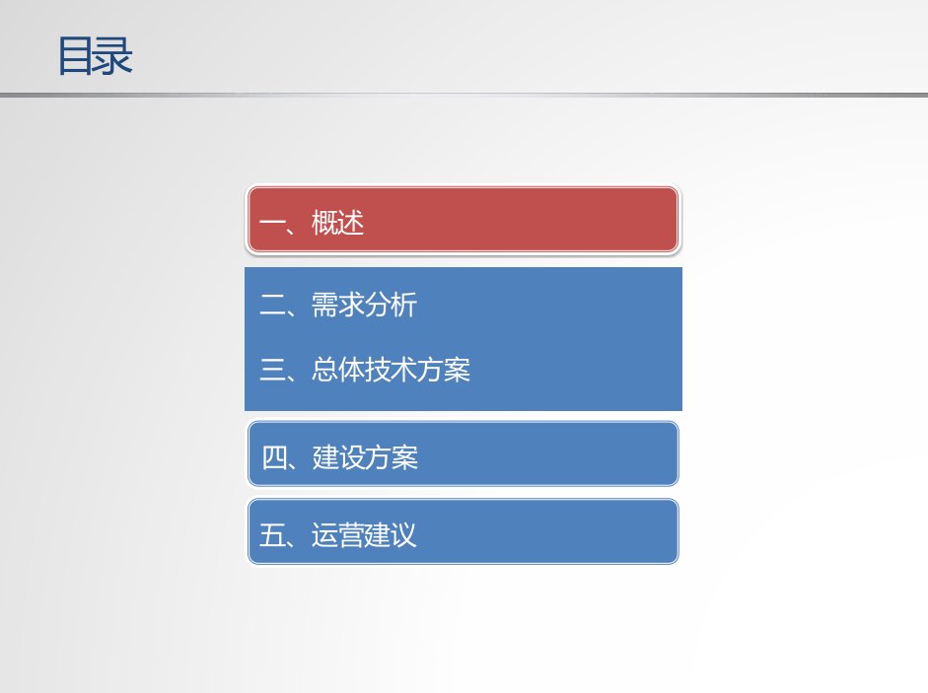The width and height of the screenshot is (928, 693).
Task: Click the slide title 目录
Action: pyautogui.click(x=95, y=55)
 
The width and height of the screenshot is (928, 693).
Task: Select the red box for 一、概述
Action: pyautogui.click(x=463, y=220)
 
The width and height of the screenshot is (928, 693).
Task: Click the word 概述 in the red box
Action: pyautogui.click(x=337, y=223)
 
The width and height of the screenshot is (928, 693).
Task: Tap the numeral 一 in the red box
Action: pyautogui.click(x=272, y=224)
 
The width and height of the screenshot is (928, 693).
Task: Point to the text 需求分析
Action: pyautogui.click(x=364, y=306)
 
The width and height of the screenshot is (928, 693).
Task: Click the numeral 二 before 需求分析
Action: pyautogui.click(x=272, y=306)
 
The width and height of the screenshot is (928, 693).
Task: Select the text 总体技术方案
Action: pyautogui.click(x=391, y=370)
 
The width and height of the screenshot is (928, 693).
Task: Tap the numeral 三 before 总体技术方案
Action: pyautogui.click(x=272, y=370)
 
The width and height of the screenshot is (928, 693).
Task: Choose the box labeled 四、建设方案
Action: pyautogui.click(x=463, y=453)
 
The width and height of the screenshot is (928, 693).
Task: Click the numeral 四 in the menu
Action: pyautogui.click(x=274, y=457)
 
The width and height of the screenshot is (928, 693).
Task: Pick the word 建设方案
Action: pyautogui.click(x=365, y=457)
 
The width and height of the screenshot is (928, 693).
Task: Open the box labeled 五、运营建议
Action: pyautogui.click(x=463, y=531)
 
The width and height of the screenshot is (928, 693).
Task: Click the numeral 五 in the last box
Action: pyautogui.click(x=272, y=535)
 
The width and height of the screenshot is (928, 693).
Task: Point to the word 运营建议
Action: pyautogui.click(x=364, y=535)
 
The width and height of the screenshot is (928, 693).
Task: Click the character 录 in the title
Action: pyautogui.click(x=113, y=55)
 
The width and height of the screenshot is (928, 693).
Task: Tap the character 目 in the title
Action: pyautogui.click(x=76, y=55)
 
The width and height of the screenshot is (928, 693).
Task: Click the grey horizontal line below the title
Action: pyautogui.click(x=464, y=94)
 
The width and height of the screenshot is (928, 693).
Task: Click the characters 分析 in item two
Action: pyautogui.click(x=391, y=306)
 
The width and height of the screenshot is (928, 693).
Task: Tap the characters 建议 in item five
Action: pyautogui.click(x=391, y=535)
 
